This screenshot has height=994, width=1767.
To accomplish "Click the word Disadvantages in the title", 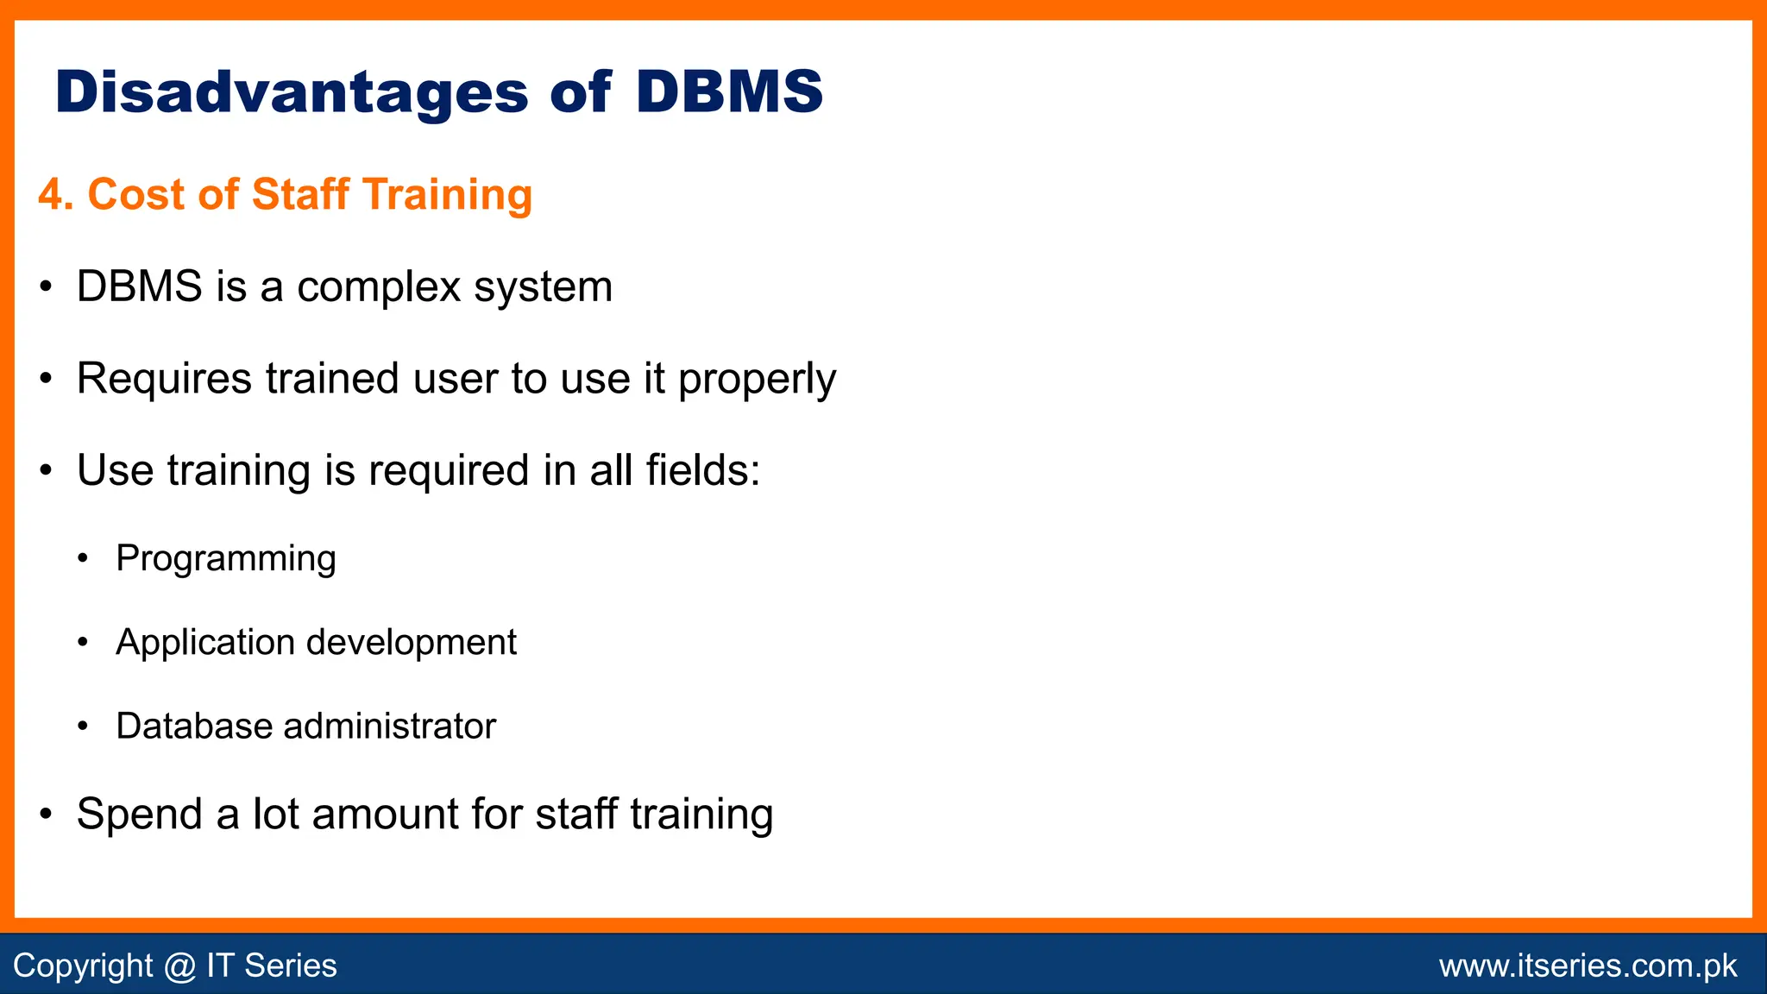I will point(292,92).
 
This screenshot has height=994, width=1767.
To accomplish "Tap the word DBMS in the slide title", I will point(729,91).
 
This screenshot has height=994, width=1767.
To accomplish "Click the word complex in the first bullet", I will point(379,287).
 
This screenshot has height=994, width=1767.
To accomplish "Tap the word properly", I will point(757,380).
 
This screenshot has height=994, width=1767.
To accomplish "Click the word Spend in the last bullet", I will point(138,815).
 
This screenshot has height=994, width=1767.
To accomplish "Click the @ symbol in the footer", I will point(179,966).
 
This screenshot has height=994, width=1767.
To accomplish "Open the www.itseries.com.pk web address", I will point(1588,966).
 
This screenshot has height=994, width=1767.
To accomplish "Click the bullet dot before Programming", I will point(83,559).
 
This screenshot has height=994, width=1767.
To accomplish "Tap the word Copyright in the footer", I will point(83,966).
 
